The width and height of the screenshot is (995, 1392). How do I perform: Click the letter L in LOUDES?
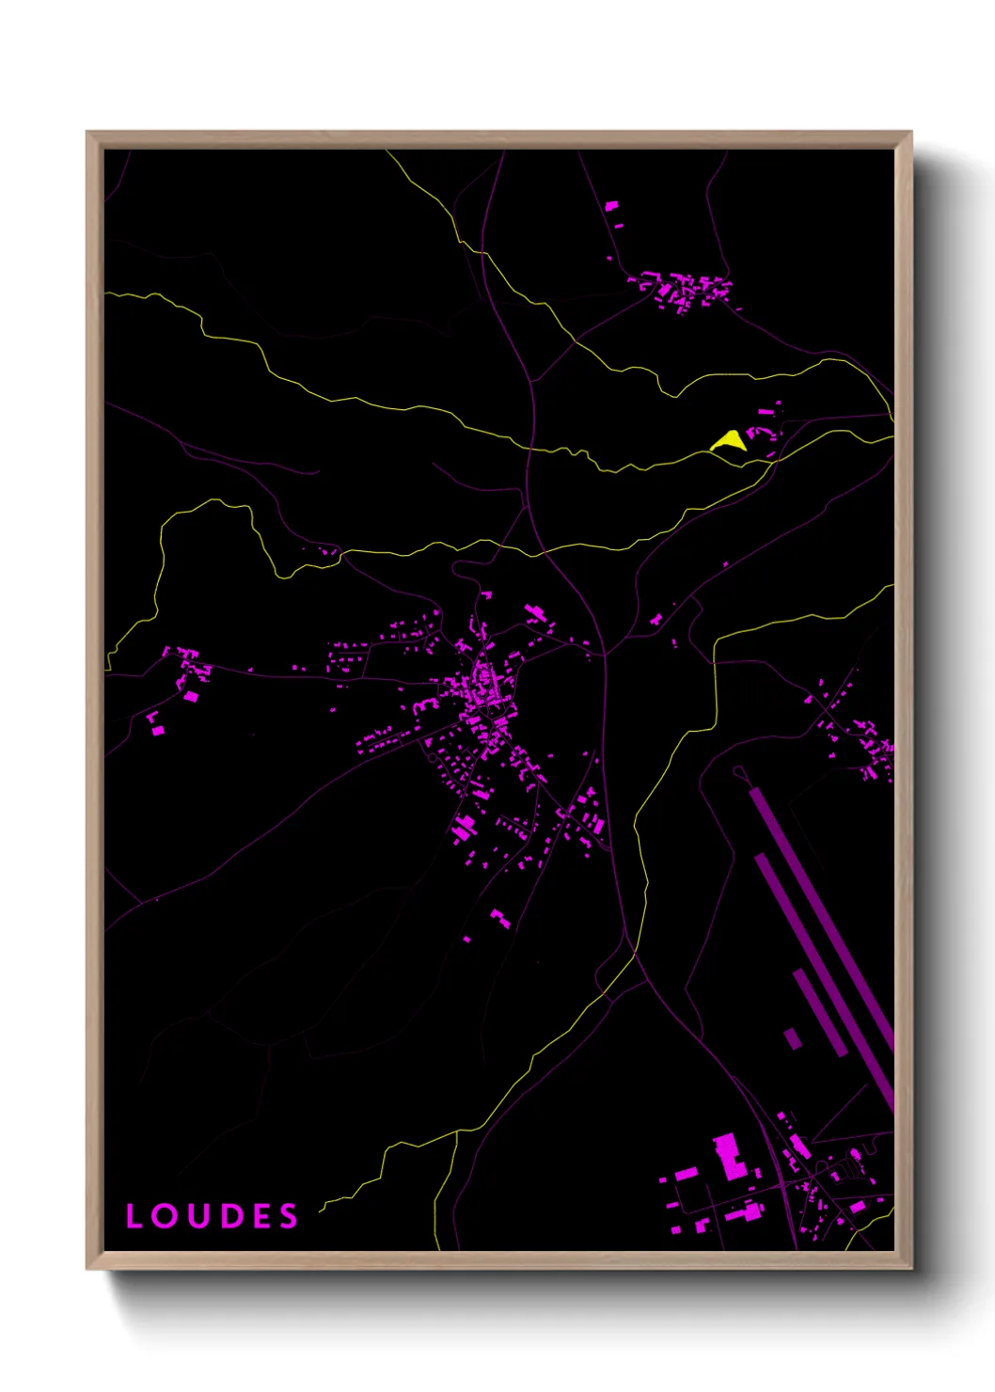(x=134, y=1216)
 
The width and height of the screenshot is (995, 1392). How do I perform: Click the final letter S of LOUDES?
(x=288, y=1216)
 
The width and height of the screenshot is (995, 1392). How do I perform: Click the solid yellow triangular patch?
(x=729, y=441)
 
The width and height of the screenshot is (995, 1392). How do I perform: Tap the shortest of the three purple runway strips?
(x=820, y=1012)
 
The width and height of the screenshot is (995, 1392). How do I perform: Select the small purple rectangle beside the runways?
(x=793, y=1038)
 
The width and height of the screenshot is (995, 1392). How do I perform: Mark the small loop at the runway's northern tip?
(x=740, y=772)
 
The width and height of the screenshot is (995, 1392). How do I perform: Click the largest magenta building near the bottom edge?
(x=730, y=1156)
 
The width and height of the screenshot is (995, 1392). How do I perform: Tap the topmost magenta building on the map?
(x=611, y=205)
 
